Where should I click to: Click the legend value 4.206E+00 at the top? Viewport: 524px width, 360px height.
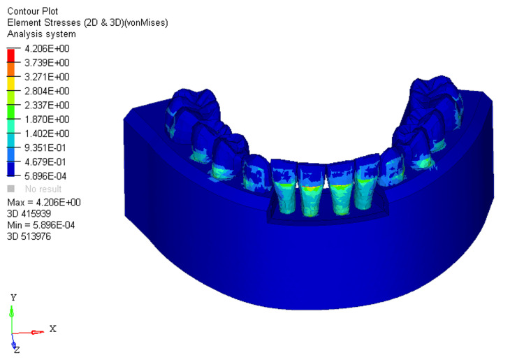(47, 49)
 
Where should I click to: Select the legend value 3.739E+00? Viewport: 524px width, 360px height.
(47, 63)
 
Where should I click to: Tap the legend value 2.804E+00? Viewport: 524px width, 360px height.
(47, 92)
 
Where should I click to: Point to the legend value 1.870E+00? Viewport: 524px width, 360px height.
(47, 120)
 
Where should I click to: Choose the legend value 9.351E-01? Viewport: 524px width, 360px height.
(45, 147)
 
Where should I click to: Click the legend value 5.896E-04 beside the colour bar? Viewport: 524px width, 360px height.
(45, 176)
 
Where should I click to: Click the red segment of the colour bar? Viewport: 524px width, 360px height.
(11, 55)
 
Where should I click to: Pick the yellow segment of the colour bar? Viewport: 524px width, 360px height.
(11, 84)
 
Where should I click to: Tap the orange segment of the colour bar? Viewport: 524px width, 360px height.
(11, 69)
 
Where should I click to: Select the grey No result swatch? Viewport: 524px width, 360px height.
(11, 189)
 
